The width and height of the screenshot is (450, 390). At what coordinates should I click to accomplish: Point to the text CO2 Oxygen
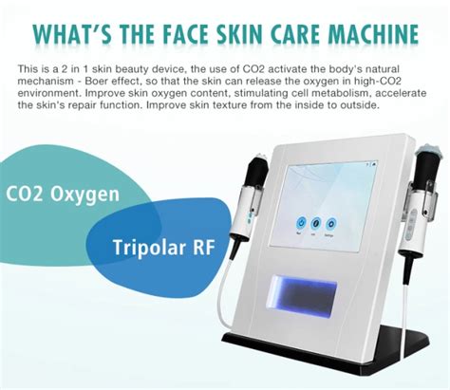63,195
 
